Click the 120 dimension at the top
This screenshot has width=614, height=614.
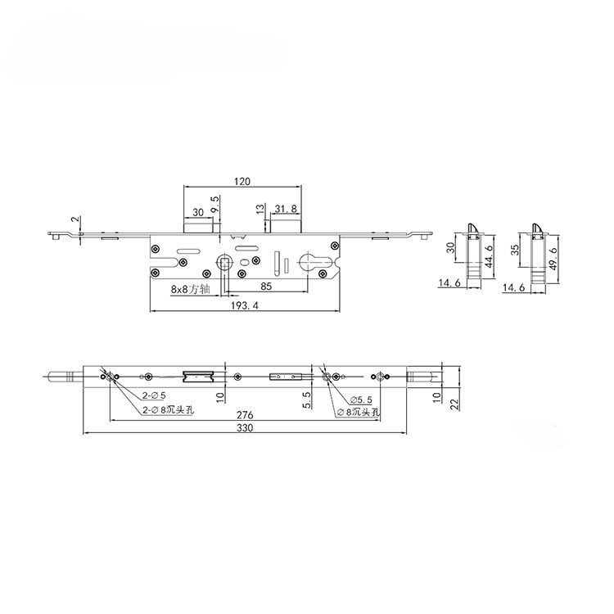pos(242,181)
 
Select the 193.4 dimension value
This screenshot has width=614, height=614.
pos(245,306)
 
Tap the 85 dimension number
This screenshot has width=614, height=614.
pos(266,287)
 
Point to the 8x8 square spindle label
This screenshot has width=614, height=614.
pos(190,289)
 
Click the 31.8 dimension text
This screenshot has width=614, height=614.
pos(286,209)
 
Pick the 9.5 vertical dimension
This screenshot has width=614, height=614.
pos(214,205)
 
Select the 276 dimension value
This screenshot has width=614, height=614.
pos(245,415)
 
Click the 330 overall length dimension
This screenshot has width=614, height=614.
pos(245,427)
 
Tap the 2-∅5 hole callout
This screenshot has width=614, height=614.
pos(154,396)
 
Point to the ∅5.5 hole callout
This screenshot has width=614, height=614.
pos(361,400)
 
